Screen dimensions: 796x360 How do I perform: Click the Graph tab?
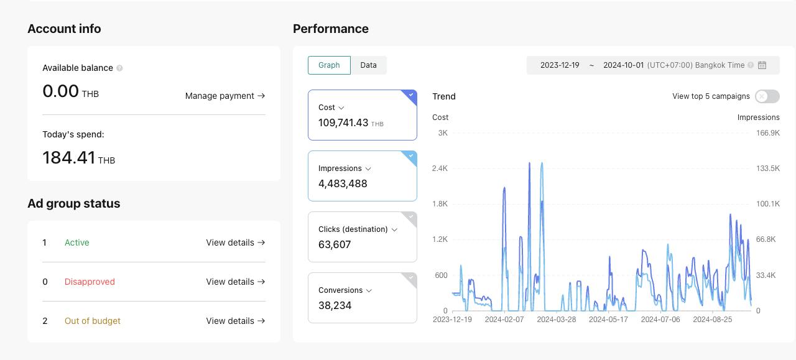point(329,65)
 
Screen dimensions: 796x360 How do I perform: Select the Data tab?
point(368,65)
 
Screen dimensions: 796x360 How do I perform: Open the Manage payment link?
point(225,96)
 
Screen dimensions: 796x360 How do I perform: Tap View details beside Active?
point(235,242)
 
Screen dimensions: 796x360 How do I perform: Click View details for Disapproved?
point(235,282)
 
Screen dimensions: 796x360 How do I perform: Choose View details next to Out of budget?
point(235,321)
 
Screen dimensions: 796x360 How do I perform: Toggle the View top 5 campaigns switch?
point(767,96)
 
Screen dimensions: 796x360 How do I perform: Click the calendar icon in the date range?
point(762,65)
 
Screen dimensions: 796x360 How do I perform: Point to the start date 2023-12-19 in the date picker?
point(560,65)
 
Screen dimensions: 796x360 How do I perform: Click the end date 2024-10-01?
point(623,65)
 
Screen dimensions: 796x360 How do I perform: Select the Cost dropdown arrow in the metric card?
point(341,108)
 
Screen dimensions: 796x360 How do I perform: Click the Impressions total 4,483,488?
point(343,183)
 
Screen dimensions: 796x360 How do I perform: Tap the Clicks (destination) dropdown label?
point(358,229)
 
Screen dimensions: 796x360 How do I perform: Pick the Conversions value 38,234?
point(335,305)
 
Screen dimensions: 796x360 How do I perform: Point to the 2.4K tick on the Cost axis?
point(440,168)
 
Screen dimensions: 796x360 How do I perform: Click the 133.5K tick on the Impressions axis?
point(768,168)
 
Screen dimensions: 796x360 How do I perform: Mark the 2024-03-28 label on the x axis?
point(556,320)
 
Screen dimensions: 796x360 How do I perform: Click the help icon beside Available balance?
point(119,68)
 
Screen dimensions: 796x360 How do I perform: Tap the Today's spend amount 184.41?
point(69,157)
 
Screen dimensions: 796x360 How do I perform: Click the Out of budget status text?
point(93,321)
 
